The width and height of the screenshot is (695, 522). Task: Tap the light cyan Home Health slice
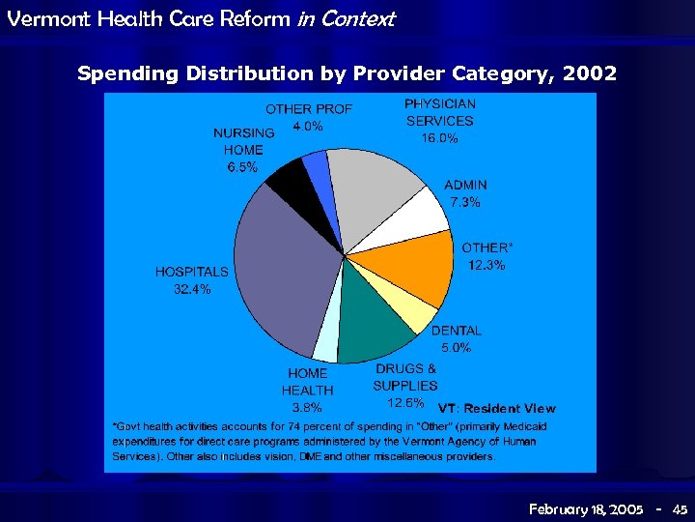pos(326,340)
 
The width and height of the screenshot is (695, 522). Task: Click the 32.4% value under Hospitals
pos(192,289)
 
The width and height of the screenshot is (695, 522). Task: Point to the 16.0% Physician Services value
pos(439,138)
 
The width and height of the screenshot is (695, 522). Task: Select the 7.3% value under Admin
pos(465,202)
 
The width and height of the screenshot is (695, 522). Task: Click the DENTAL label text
pos(456,331)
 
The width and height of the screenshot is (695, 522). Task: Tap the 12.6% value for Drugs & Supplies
pos(404,402)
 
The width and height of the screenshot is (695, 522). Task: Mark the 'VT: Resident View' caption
pos(497,409)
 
